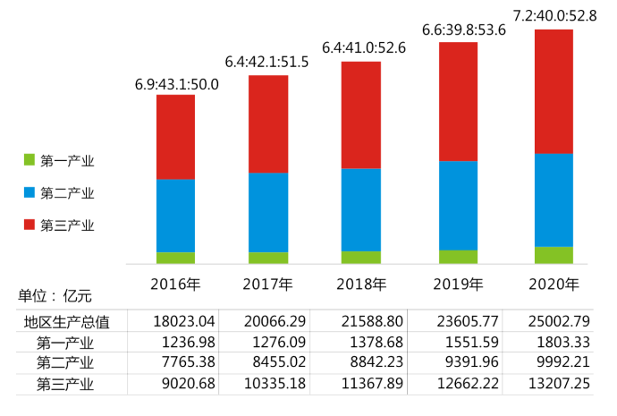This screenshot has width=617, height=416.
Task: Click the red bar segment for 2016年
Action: [x=175, y=137]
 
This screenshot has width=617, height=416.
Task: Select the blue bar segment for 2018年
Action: [x=361, y=209]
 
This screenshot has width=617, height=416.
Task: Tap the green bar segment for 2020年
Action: [x=554, y=255]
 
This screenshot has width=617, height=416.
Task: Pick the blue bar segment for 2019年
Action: [x=458, y=205]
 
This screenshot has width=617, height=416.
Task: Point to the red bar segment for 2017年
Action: [x=268, y=124]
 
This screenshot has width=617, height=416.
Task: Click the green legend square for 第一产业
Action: [x=29, y=161]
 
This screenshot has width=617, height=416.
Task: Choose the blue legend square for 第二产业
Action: [x=29, y=193]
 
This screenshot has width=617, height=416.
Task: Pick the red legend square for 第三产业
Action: [x=29, y=225]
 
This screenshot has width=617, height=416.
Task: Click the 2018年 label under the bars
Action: [x=361, y=284]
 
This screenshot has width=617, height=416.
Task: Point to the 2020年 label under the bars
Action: [x=554, y=284]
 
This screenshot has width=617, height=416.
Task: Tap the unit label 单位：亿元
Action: [x=55, y=295]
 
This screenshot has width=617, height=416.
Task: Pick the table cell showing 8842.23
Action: [x=368, y=363]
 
